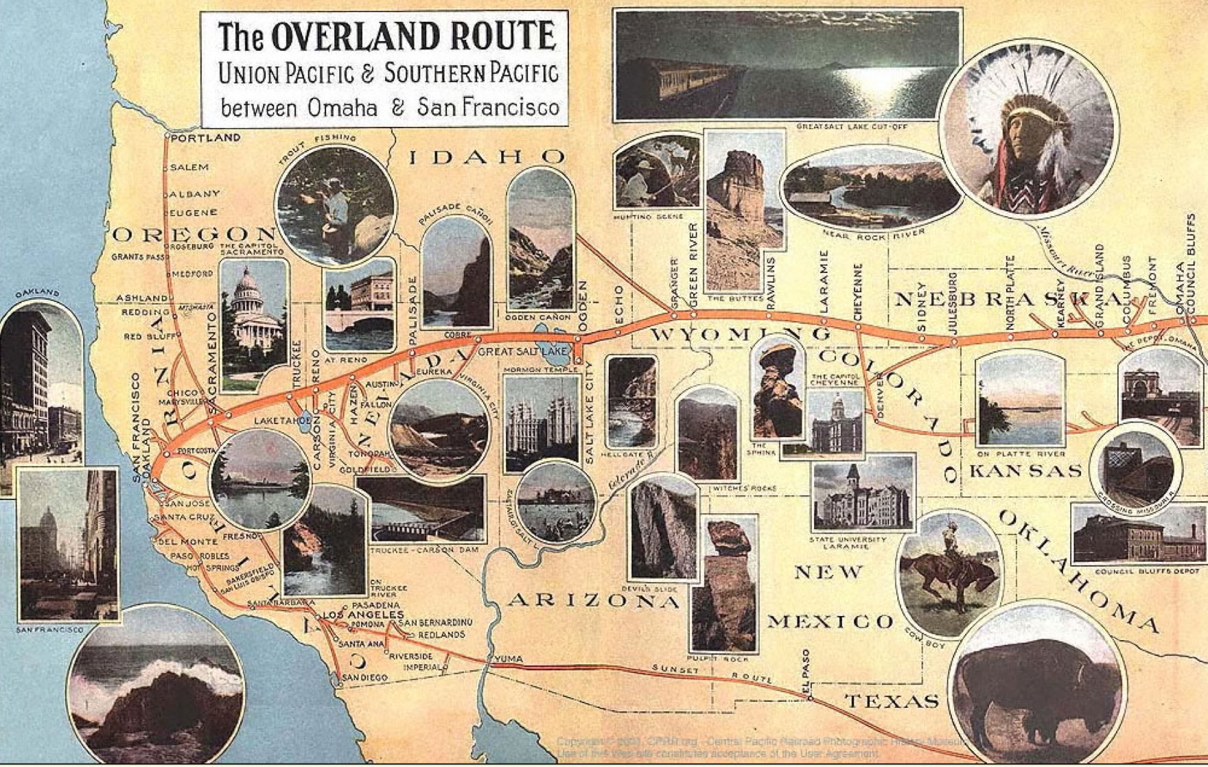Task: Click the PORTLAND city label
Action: [205, 138]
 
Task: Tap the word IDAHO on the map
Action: [487, 157]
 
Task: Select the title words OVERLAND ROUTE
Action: [413, 37]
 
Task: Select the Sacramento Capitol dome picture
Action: [253, 322]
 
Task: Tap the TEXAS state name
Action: [892, 701]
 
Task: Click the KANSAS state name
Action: [1025, 471]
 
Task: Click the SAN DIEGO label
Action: [365, 677]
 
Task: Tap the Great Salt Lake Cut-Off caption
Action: [851, 127]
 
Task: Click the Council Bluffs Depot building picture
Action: [1138, 535]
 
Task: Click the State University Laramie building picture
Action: [863, 494]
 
